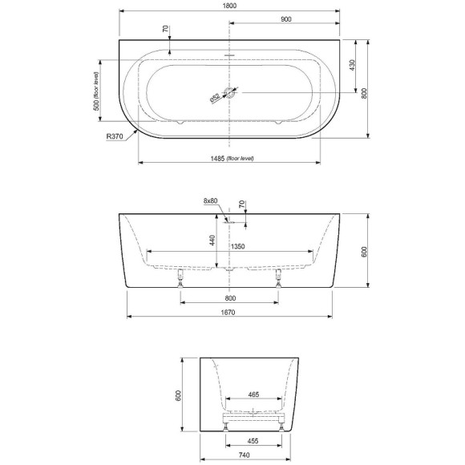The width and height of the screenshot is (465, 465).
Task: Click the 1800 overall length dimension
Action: [230, 6]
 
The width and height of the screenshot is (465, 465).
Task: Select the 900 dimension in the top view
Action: [286, 19]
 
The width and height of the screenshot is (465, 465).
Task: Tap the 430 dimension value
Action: [352, 63]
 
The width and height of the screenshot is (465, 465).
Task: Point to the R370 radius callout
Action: [115, 136]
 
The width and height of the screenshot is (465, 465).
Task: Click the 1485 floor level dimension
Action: [230, 159]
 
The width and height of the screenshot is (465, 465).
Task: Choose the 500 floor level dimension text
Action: [95, 91]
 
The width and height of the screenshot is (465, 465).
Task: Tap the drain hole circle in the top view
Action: [230, 93]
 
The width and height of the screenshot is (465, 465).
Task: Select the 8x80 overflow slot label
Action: [210, 200]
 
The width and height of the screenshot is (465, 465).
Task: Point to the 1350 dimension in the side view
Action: [238, 247]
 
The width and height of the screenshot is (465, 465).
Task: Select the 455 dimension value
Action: [253, 439]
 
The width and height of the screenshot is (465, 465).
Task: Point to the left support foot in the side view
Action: [181, 277]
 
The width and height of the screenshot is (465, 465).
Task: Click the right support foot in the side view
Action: [278, 277]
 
